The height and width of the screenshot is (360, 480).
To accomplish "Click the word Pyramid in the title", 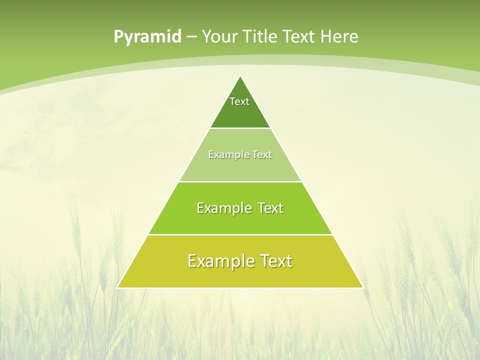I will click(x=147, y=37).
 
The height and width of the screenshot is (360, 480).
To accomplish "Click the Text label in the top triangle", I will click(x=239, y=101).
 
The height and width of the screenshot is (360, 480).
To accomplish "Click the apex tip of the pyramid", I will click(x=240, y=76).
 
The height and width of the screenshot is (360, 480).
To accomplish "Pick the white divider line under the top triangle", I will click(x=240, y=128).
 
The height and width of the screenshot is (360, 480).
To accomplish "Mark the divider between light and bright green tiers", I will click(x=240, y=181).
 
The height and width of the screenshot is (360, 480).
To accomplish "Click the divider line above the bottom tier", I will click(x=240, y=234).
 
